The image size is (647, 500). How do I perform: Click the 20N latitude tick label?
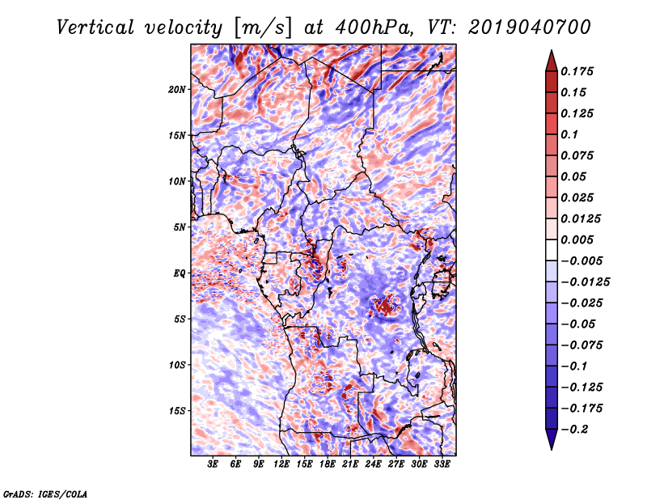(x=178, y=89)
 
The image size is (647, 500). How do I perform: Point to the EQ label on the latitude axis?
(x=179, y=273)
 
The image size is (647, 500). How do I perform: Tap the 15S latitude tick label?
(x=178, y=410)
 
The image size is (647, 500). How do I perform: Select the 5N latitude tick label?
(x=180, y=227)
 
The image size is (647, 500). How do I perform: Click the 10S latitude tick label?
(x=178, y=364)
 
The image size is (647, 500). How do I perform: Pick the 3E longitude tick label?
(x=213, y=464)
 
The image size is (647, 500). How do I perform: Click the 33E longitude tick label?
(x=442, y=464)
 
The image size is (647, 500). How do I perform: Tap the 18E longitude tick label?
(x=327, y=464)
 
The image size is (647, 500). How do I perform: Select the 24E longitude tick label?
(x=373, y=464)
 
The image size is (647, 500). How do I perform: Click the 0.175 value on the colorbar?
(x=580, y=71)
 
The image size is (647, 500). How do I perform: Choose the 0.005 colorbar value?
(x=580, y=239)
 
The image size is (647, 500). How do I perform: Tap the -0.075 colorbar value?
(x=583, y=345)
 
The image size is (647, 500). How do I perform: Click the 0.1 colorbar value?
(x=570, y=134)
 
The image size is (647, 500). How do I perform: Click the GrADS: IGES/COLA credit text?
(x=45, y=492)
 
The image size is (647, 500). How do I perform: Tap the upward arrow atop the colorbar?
(x=551, y=58)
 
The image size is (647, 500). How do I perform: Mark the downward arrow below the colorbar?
(x=551, y=441)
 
